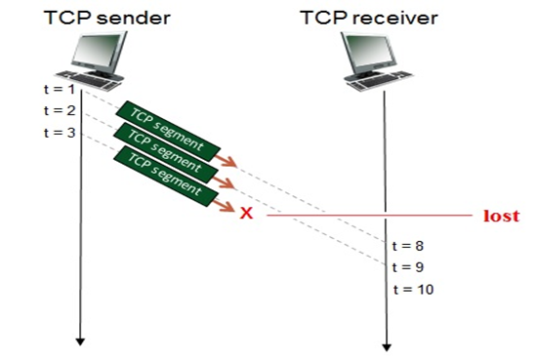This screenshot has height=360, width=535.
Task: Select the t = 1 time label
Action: click(x=60, y=90)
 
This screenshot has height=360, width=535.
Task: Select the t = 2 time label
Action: click(x=60, y=111)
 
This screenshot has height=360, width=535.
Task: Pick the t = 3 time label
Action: click(x=60, y=132)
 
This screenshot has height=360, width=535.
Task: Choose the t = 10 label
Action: click(x=412, y=290)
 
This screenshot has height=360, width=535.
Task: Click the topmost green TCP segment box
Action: click(x=164, y=130)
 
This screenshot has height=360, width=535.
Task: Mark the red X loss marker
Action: click(x=246, y=214)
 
